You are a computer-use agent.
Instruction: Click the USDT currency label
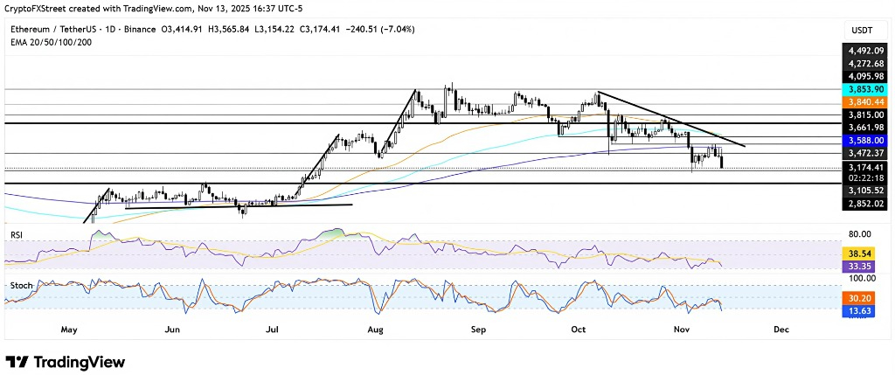(x=861, y=30)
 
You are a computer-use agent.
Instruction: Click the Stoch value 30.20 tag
(x=861, y=298)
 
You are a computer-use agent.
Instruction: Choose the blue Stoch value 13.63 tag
(x=861, y=310)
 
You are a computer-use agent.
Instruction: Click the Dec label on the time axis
(x=781, y=330)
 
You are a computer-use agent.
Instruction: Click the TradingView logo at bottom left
(x=66, y=362)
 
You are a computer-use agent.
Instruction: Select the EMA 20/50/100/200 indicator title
(x=53, y=41)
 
